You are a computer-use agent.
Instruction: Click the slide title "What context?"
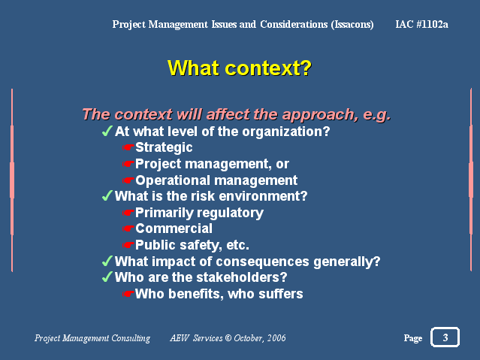[x=240, y=68]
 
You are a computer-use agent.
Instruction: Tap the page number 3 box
[x=445, y=337]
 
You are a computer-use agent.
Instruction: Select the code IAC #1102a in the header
[x=421, y=24]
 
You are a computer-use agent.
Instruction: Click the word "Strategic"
[x=164, y=147]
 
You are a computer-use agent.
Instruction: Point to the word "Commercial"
[x=174, y=228]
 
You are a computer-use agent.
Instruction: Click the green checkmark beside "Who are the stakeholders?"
[x=107, y=277]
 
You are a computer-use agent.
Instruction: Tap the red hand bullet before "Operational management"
[x=128, y=180]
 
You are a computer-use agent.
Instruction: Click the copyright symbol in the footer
[x=228, y=338]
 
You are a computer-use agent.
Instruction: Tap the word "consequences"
[x=262, y=262]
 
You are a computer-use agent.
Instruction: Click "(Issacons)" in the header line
[x=352, y=24]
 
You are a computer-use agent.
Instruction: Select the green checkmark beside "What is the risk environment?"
[x=107, y=195]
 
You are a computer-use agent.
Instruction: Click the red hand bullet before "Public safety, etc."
[x=128, y=245]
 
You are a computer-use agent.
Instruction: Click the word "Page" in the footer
[x=413, y=338]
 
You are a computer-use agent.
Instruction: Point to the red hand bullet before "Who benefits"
[x=128, y=294]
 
